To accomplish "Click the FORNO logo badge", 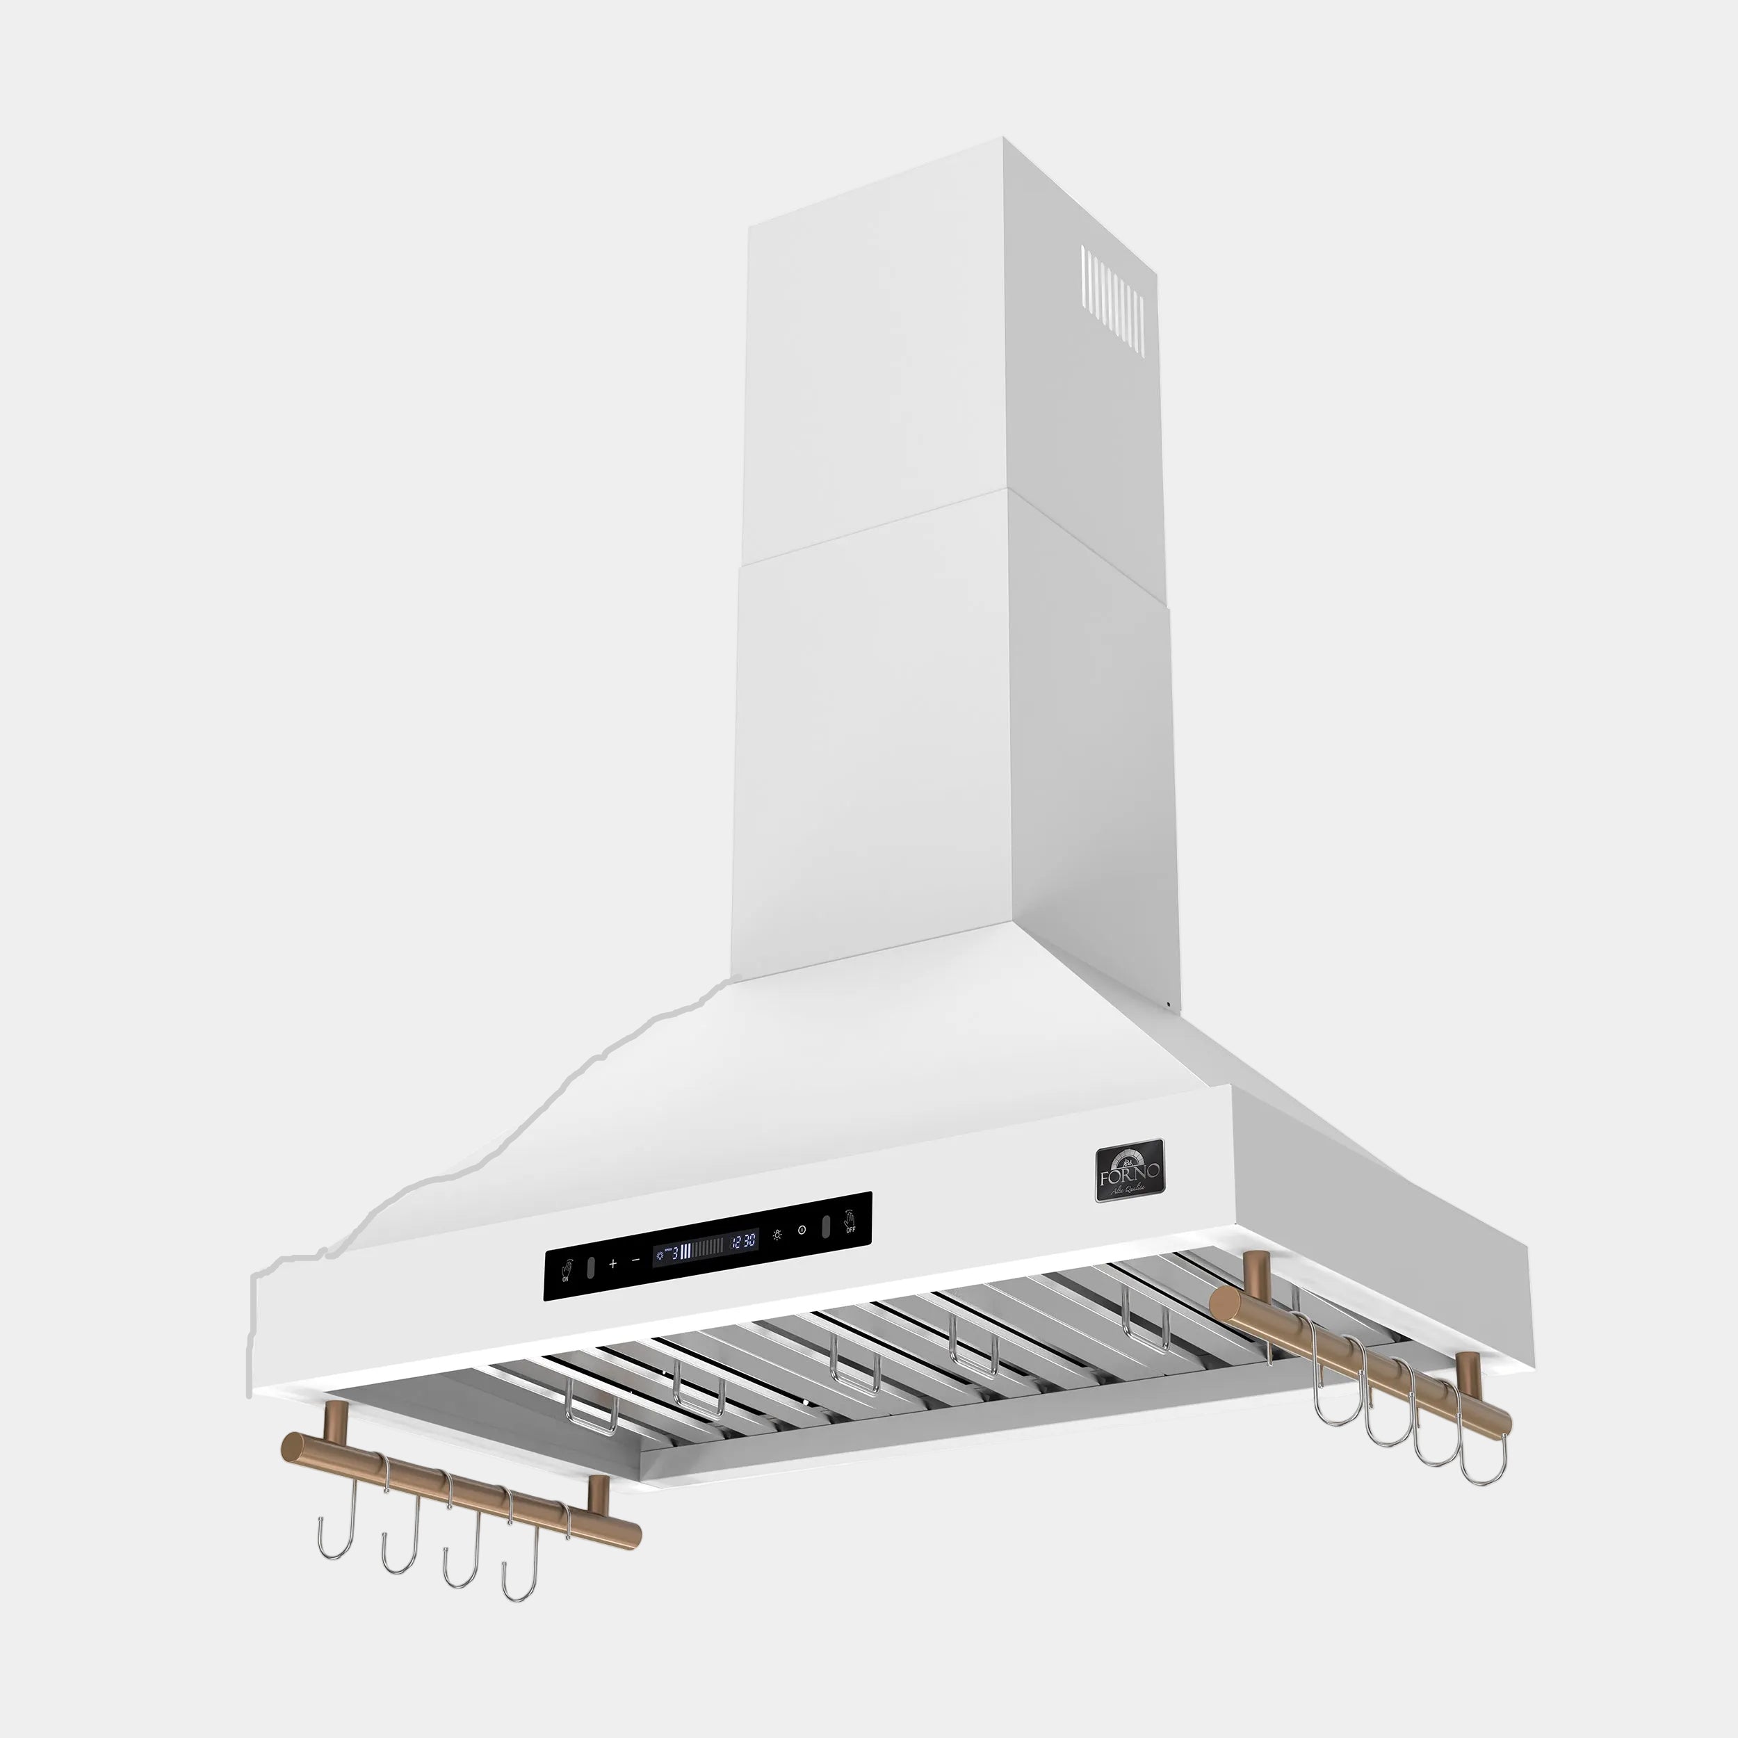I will tap(1129, 1170).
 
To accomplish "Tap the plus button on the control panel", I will tap(612, 1264).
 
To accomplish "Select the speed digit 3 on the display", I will tap(674, 1251).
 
